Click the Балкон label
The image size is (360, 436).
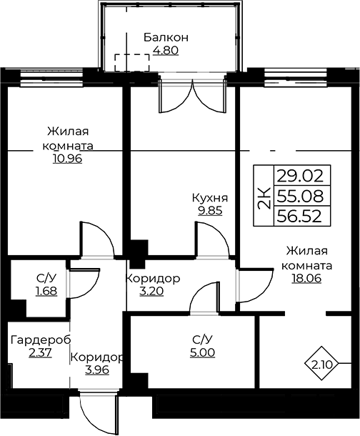click(166, 37)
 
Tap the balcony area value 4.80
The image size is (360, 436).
click(166, 51)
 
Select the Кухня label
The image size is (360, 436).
click(210, 198)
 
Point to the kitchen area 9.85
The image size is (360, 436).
click(210, 210)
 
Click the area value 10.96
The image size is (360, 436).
click(67, 159)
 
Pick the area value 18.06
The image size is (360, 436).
click(306, 278)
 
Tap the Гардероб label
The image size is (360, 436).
click(41, 340)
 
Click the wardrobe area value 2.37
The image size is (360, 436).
click(40, 352)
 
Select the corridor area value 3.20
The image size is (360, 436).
click(151, 292)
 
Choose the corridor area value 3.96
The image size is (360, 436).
click(97, 370)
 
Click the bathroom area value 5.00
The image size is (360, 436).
click(203, 352)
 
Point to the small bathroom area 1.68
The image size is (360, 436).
click(46, 291)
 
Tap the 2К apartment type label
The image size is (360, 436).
click(264, 197)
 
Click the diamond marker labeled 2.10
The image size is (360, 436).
click(321, 363)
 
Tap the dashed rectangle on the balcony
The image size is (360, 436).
click(132, 63)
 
